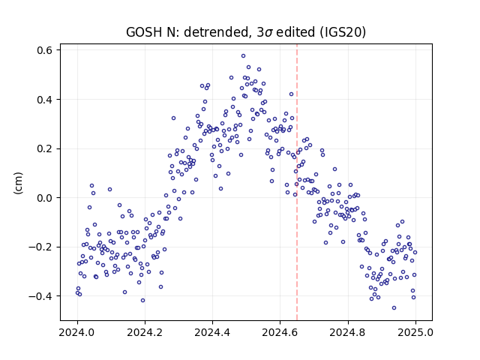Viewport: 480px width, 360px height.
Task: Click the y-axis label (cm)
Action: [19, 183]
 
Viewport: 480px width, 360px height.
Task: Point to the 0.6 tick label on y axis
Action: [44, 50]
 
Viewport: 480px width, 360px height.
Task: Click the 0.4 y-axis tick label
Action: [44, 100]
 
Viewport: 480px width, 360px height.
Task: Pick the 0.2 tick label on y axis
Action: [44, 148]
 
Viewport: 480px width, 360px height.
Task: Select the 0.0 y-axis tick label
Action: [44, 198]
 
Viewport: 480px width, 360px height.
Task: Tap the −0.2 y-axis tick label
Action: [40, 247]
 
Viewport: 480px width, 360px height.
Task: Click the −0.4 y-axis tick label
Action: [40, 296]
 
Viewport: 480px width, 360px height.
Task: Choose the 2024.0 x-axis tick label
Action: [77, 332]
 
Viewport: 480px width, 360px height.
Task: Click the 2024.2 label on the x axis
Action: [145, 332]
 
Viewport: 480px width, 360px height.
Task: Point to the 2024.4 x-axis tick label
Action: [212, 332]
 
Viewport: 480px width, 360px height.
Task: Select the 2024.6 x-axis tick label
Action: [280, 332]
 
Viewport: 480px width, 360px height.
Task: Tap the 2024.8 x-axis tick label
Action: [348, 332]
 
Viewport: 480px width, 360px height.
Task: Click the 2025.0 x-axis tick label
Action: [415, 332]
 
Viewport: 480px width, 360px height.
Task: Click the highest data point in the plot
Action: [243, 56]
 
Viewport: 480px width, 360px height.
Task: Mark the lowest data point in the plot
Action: [394, 308]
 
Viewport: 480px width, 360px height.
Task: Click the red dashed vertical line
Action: [297, 182]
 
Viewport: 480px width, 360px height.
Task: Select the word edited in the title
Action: [295, 32]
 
